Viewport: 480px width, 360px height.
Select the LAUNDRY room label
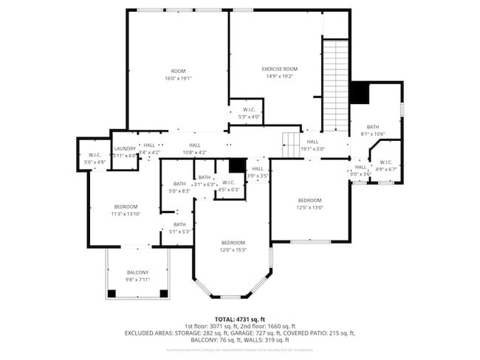point(125,148)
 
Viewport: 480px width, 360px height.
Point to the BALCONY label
point(137,272)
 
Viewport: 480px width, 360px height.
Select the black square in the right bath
point(359,92)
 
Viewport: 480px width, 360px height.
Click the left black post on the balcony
point(112,294)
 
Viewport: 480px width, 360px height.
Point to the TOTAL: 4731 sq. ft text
point(239,319)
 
